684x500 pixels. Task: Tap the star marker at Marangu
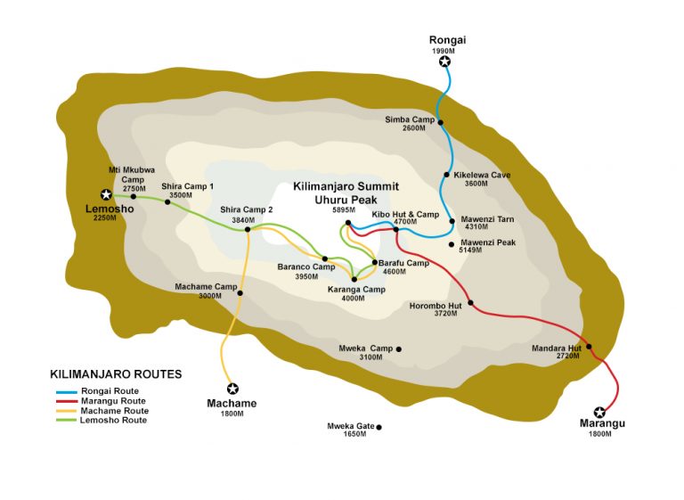pyautogui.click(x=599, y=412)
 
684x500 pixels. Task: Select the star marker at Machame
pyautogui.click(x=232, y=389)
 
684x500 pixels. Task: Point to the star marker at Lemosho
pyautogui.click(x=106, y=194)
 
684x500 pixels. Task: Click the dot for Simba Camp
pyautogui.click(x=440, y=123)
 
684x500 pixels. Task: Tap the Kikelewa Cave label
pyautogui.click(x=481, y=175)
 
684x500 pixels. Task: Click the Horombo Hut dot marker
pyautogui.click(x=470, y=303)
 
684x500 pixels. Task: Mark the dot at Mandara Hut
pyautogui.click(x=589, y=347)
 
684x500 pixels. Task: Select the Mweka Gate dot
pyautogui.click(x=379, y=427)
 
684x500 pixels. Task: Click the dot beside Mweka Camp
pyautogui.click(x=398, y=348)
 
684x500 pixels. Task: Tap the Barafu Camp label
pyautogui.click(x=403, y=263)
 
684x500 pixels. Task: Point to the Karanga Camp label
pyautogui.click(x=356, y=290)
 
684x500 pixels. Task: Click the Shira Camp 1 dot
pyautogui.click(x=167, y=201)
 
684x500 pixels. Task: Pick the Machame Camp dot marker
pyautogui.click(x=240, y=292)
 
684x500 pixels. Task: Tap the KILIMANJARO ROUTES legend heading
pyautogui.click(x=116, y=374)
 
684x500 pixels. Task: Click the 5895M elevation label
pyautogui.click(x=344, y=210)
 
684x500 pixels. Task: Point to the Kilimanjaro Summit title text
pyautogui.click(x=346, y=187)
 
